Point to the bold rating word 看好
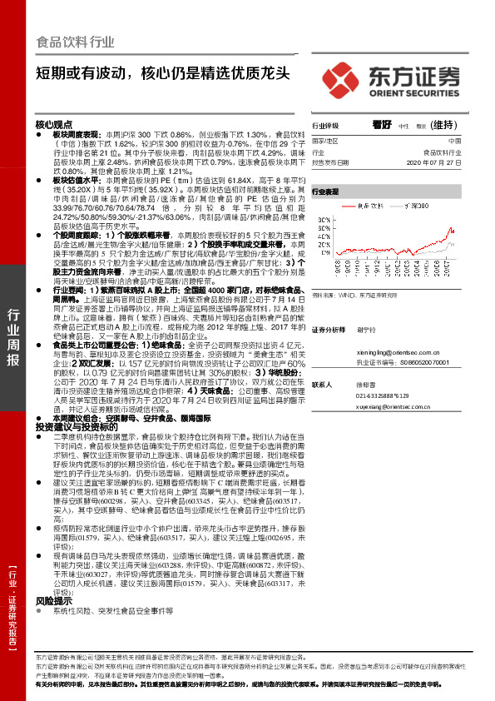[382, 123]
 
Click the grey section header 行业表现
[325, 191]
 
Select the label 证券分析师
[329, 330]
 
